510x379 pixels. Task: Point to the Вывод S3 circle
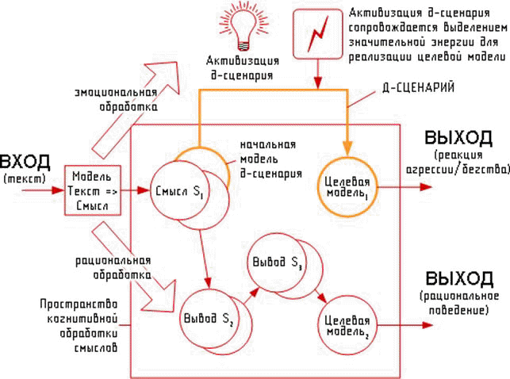pyautogui.click(x=276, y=262)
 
